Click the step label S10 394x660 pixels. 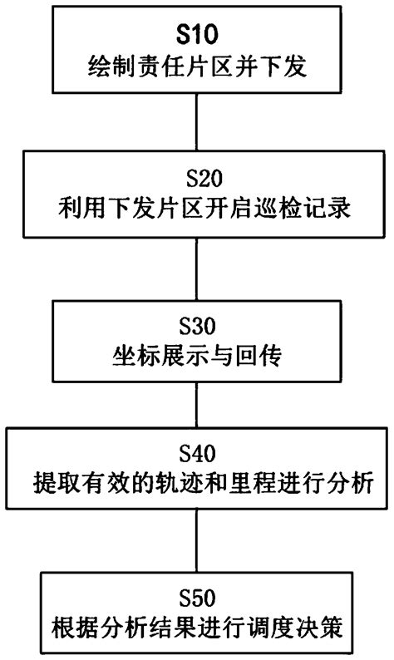click(196, 36)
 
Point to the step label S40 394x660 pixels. click(196, 454)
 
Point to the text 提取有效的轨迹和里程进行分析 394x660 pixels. click(196, 482)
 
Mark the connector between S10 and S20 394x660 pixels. click(196, 121)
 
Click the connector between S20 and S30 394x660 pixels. click(196, 266)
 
